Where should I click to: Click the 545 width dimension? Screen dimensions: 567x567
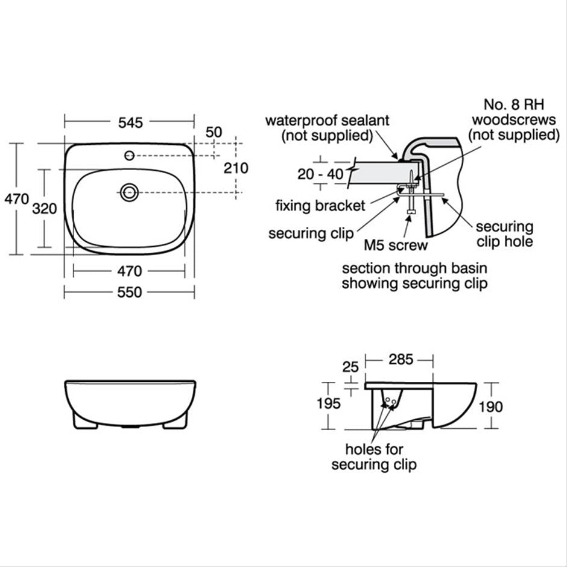(130, 122)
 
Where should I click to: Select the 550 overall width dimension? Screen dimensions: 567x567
(130, 293)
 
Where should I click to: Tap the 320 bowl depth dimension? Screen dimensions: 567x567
(44, 209)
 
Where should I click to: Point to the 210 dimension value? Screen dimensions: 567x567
(236, 168)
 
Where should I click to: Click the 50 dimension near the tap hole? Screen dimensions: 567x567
(214, 132)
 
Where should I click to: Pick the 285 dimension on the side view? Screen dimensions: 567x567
(401, 360)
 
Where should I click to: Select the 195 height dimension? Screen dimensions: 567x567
(328, 404)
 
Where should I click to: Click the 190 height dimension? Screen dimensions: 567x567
(490, 407)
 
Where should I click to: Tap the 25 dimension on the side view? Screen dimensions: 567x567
(350, 367)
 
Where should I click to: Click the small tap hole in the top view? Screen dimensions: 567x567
(129, 156)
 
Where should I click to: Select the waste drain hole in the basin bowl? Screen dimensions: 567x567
(128, 192)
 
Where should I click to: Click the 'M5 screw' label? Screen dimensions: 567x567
(395, 245)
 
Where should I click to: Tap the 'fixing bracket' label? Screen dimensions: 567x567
(320, 206)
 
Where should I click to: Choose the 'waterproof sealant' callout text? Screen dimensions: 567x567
(327, 127)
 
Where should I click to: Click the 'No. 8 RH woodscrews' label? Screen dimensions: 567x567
(515, 120)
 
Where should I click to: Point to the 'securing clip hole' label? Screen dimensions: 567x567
(504, 234)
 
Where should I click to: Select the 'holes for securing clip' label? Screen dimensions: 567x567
(374, 457)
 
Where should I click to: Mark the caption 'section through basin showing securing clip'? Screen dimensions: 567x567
(414, 276)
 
